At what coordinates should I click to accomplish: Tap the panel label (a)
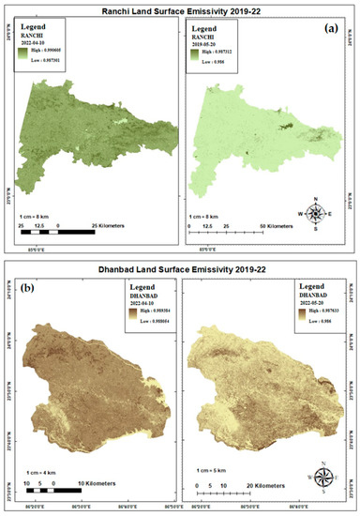click(331, 28)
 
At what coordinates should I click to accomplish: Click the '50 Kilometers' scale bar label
click(278, 226)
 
